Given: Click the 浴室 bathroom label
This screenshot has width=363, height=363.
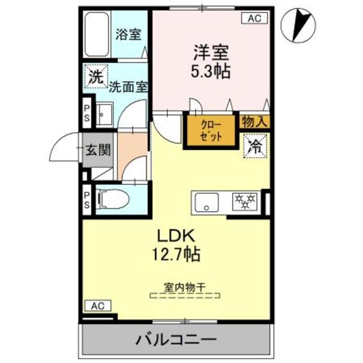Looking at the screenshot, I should [x=128, y=34].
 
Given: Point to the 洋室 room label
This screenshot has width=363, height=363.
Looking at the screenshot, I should [x=210, y=54].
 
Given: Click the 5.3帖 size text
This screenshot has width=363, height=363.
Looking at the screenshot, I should [x=210, y=73].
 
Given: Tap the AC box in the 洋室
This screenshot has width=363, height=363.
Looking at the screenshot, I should [x=254, y=18].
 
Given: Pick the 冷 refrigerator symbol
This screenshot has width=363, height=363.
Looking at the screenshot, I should [x=255, y=146].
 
